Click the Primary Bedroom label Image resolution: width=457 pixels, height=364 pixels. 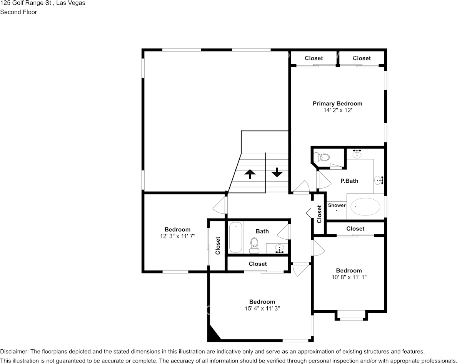[337, 104]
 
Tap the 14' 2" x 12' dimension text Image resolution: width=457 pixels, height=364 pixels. [337, 110]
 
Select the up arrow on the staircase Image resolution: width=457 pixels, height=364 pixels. [250, 174]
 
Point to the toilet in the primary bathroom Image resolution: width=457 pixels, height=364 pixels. [321, 157]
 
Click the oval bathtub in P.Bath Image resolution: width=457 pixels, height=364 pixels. [363, 207]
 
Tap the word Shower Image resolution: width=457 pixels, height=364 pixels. [337, 205]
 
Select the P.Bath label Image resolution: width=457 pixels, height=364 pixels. [349, 181]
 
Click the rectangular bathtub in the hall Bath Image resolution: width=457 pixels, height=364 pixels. [235, 237]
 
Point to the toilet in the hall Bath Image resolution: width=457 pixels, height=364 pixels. [254, 245]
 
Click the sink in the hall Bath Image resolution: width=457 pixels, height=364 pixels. [280, 248]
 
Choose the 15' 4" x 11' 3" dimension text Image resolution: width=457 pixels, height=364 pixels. [262, 308]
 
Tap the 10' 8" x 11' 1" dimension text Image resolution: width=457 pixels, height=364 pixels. [349, 277]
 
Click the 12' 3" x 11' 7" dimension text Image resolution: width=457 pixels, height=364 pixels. [177, 236]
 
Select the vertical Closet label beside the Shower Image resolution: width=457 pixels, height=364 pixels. [319, 214]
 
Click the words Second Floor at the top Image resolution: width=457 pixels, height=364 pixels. [18, 12]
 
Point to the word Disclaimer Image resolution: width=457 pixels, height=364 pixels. [14, 352]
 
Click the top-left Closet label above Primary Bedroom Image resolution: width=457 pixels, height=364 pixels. [314, 58]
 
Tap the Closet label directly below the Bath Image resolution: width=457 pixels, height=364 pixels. [258, 264]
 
